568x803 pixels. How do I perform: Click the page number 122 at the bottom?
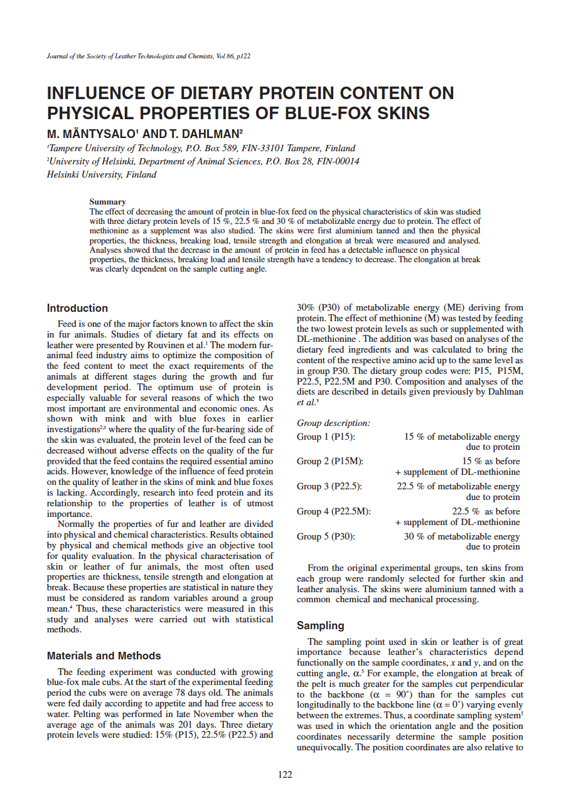tap(285, 775)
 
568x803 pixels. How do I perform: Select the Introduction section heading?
tap(77, 308)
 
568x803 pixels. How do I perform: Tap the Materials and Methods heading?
tap(104, 656)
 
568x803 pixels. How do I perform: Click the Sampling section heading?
tap(320, 625)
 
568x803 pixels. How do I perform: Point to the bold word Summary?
tap(107, 202)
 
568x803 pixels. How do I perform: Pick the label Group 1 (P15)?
tap(325, 437)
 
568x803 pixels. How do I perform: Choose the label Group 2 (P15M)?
tap(329, 462)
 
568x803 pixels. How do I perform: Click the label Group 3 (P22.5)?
tap(329, 486)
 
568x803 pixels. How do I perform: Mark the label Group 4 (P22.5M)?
tap(333, 511)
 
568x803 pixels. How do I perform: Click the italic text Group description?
tap(333, 423)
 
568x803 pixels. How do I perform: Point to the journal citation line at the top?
tap(149, 56)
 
